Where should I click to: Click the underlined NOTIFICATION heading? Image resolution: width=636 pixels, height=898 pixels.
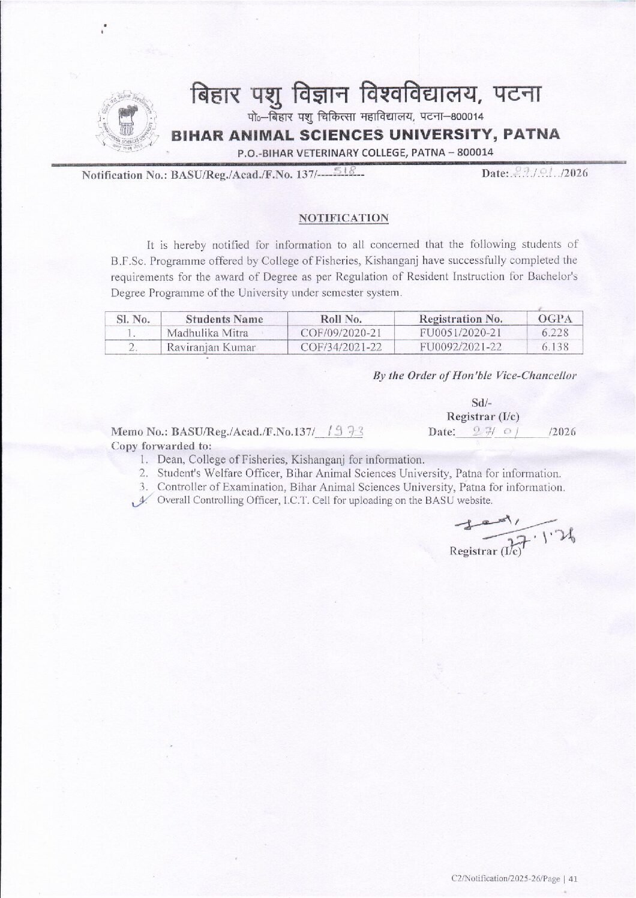[344, 218]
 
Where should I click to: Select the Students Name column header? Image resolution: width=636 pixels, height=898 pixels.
[224, 319]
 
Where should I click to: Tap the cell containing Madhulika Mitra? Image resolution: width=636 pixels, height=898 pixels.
[208, 333]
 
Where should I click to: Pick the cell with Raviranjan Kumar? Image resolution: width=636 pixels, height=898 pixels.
[211, 347]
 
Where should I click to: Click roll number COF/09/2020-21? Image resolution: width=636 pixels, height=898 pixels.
[341, 333]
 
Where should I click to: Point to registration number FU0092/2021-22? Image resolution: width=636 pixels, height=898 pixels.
[461, 347]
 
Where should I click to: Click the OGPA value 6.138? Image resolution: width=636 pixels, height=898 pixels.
[555, 347]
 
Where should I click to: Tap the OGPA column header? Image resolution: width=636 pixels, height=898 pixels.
[555, 319]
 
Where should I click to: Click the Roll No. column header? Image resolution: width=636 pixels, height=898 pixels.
[341, 319]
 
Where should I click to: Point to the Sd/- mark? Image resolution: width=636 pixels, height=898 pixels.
[482, 402]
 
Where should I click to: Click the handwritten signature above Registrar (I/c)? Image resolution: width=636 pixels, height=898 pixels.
[510, 528]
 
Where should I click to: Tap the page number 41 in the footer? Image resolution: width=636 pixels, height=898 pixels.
[572, 879]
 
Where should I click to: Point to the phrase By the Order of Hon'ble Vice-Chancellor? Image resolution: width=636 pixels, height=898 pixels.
[475, 376]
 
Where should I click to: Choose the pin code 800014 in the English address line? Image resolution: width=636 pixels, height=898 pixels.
[475, 152]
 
